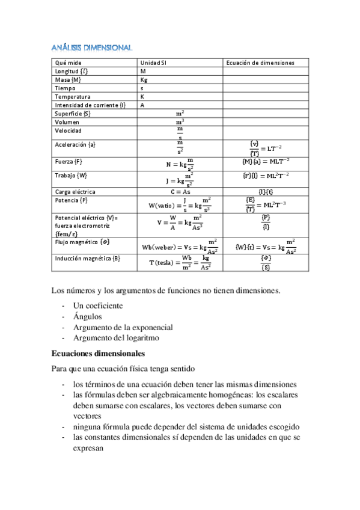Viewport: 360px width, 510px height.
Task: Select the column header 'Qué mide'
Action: pos(68,63)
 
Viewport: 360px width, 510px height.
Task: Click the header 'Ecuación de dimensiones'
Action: pos(260,63)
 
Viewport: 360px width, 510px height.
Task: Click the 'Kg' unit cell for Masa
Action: pos(144,79)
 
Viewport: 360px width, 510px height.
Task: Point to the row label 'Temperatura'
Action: pos(72,96)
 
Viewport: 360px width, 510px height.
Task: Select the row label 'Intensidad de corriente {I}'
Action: pos(90,105)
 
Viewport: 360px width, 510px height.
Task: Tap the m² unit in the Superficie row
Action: pos(180,113)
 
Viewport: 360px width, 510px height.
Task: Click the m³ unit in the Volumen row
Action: pos(180,121)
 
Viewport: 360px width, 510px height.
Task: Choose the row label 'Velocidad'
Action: pos(68,131)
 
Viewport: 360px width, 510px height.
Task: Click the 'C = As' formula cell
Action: pos(180,192)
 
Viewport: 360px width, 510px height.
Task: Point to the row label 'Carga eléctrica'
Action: pos(75,192)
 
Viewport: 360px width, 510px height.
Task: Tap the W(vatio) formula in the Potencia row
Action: pos(180,204)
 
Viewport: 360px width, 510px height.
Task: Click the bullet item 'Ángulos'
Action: pos(88,316)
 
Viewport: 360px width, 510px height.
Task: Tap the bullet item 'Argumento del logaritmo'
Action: pos(116,338)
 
